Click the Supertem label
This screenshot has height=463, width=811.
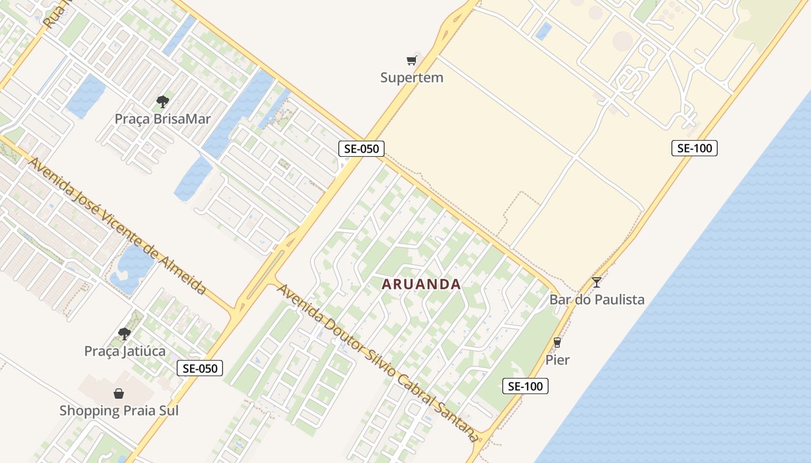tap(411, 78)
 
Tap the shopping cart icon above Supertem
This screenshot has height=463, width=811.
tap(411, 60)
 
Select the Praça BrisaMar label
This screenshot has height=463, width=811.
tap(162, 119)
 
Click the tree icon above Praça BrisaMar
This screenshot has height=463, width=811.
tap(163, 102)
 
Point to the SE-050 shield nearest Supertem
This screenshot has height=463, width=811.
tap(361, 149)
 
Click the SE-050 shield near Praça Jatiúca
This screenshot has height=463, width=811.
tap(200, 368)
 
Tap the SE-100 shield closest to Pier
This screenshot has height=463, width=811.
tap(525, 386)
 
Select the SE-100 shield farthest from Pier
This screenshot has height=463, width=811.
tap(695, 148)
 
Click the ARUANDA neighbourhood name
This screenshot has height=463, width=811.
tap(422, 284)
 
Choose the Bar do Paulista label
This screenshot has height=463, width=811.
tap(597, 300)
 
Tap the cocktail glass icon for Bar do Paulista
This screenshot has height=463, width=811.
tap(597, 282)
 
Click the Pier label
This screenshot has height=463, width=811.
tap(557, 360)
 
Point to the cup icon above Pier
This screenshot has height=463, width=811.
tap(557, 343)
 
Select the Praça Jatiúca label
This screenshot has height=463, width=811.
tap(125, 351)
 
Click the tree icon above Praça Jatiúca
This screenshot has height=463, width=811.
tap(124, 334)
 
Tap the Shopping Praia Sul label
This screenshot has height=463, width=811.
tap(119, 411)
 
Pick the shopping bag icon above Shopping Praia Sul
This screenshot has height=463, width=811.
tap(119, 394)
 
